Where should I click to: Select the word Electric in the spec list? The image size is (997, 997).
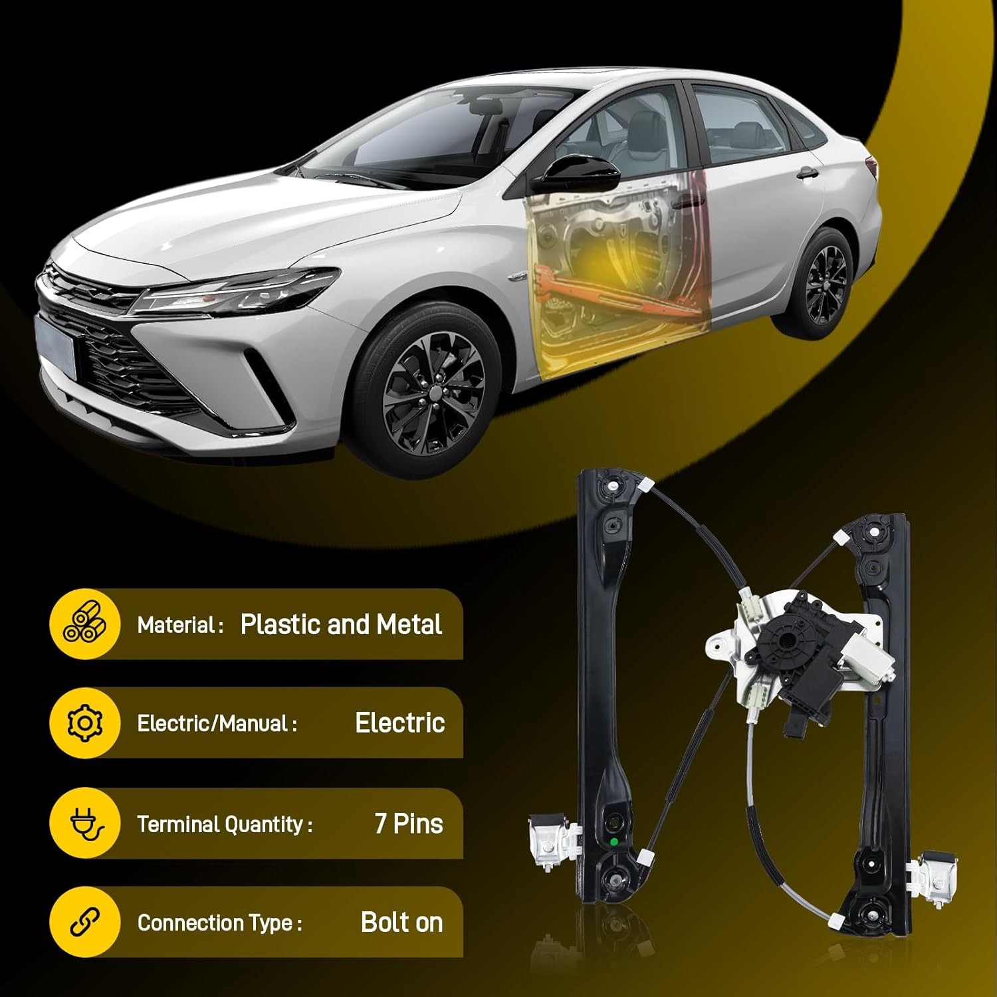(x=400, y=722)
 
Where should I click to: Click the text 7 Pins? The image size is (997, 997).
(x=409, y=824)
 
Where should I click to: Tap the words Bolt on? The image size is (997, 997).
(x=401, y=922)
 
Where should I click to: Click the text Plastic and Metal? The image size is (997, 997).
(x=341, y=624)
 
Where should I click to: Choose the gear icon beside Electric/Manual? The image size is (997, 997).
(x=84, y=722)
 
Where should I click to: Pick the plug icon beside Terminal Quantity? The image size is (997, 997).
(x=86, y=824)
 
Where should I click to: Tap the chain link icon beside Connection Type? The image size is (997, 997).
(x=84, y=922)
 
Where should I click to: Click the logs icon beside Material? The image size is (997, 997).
(x=84, y=625)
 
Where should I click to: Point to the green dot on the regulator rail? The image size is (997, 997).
(x=613, y=842)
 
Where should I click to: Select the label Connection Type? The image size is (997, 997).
(x=219, y=923)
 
